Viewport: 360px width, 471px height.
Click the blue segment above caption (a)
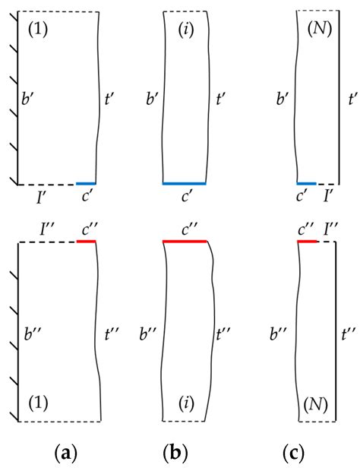(x=86, y=183)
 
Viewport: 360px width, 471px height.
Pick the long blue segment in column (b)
(x=185, y=183)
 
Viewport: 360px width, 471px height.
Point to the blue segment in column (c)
(x=306, y=183)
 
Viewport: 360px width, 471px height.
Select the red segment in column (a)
(x=87, y=242)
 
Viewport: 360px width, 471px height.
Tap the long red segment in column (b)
(x=185, y=242)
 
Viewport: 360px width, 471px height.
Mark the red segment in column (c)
(x=307, y=242)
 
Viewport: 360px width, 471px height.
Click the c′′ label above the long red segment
(x=185, y=226)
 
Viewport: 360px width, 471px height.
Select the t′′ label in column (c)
(x=350, y=332)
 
